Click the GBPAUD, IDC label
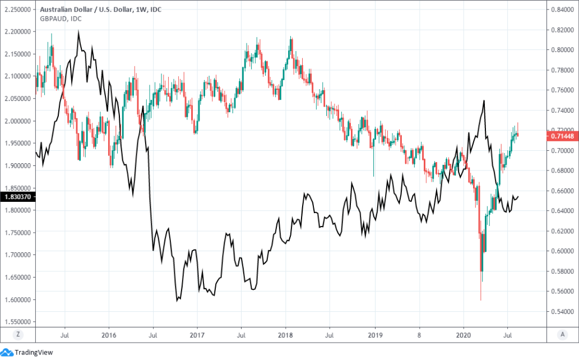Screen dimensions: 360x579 pos(61,19)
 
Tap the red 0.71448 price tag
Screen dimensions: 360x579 pos(562,136)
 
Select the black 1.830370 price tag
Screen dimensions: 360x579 pos(17,197)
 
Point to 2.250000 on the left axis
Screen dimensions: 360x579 pos(17,10)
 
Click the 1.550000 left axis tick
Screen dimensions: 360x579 pos(17,322)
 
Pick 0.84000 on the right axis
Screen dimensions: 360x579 pos(562,10)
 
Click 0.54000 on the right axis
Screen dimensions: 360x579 pos(562,311)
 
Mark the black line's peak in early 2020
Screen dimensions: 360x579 pos(483,101)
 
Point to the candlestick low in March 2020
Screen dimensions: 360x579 pos(480,300)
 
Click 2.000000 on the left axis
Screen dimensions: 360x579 pos(17,121)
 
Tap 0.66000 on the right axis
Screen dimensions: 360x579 pos(562,191)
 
